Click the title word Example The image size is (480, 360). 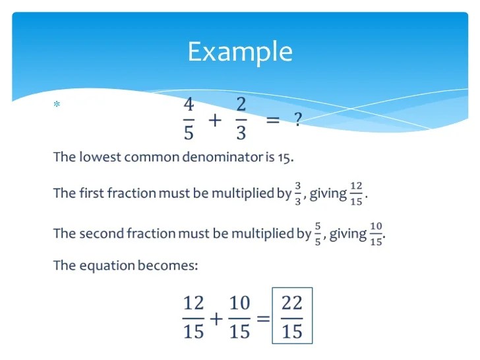click(240, 52)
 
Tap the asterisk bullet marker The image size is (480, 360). click(57, 104)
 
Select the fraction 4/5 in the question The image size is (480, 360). click(189, 119)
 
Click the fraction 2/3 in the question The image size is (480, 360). click(241, 119)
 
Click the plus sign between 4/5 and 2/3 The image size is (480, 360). click(215, 120)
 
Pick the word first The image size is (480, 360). click(91, 193)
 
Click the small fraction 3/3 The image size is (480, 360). click(298, 194)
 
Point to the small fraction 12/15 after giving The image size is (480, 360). click(356, 194)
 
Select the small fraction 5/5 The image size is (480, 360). click(318, 234)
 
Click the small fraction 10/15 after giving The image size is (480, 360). click(376, 234)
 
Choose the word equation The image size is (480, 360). click(107, 266)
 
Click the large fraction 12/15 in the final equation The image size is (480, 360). click(193, 317)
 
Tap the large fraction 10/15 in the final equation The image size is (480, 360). click(240, 317)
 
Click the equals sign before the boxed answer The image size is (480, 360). click(263, 318)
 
